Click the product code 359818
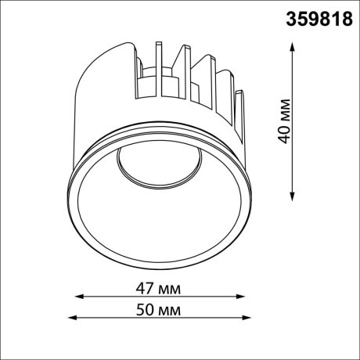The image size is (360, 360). point(319,19)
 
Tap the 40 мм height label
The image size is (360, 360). point(284,121)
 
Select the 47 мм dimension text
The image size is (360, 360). point(158,289)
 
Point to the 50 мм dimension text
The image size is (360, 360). point(158,310)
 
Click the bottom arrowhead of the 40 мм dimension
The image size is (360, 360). point(292,197)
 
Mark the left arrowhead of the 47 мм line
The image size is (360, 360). point(79,297)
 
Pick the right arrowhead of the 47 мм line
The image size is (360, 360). point(240,297)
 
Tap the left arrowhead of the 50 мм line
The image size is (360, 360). point(72,318)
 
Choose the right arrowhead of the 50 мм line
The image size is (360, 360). point(247,318)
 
